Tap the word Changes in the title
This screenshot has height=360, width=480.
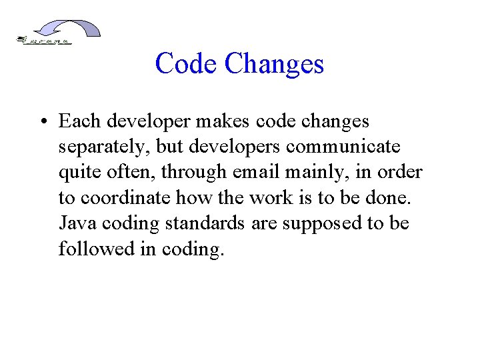[x=274, y=64]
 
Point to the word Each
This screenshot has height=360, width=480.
[x=79, y=121]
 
